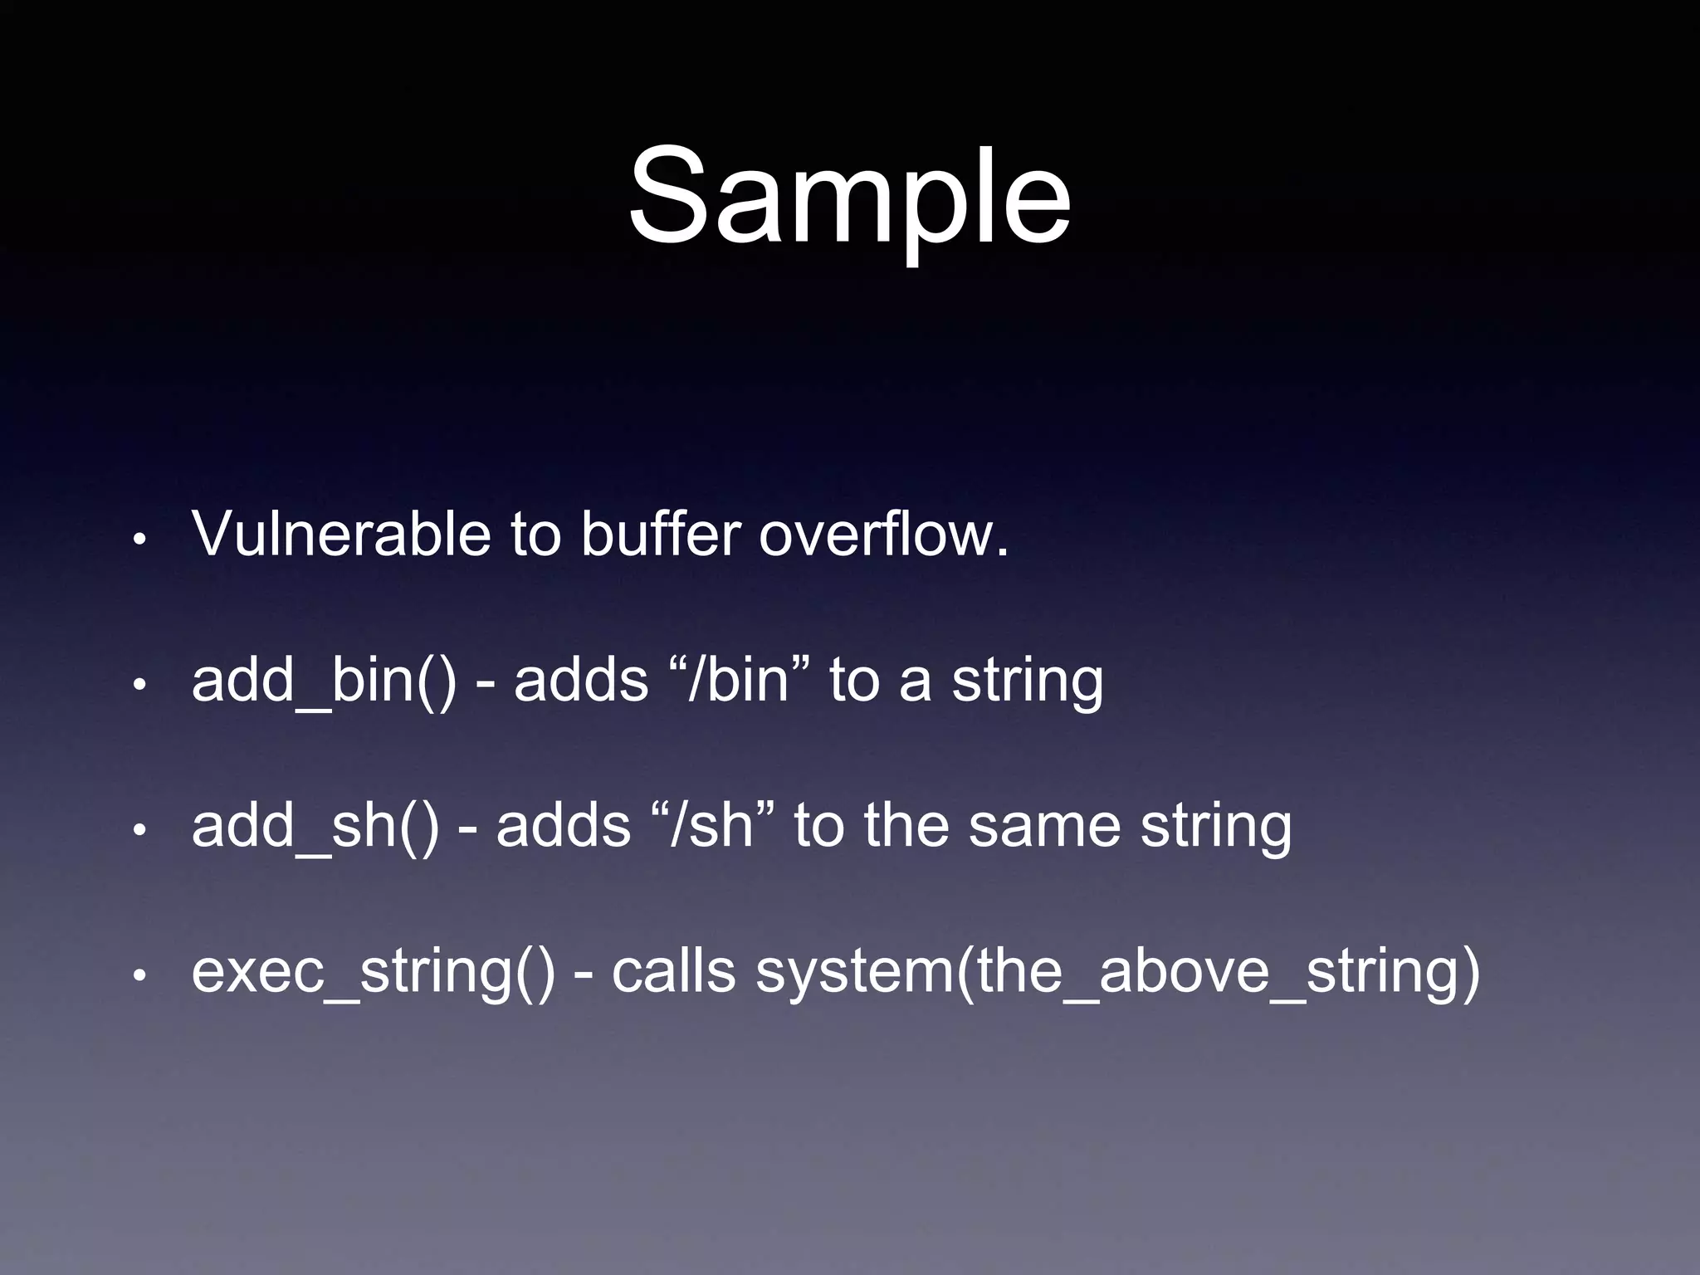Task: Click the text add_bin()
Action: (324, 681)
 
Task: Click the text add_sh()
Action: (315, 826)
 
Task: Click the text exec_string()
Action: (373, 971)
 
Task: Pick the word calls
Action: (673, 971)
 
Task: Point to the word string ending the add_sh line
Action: (1215, 826)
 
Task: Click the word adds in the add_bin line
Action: (581, 681)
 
